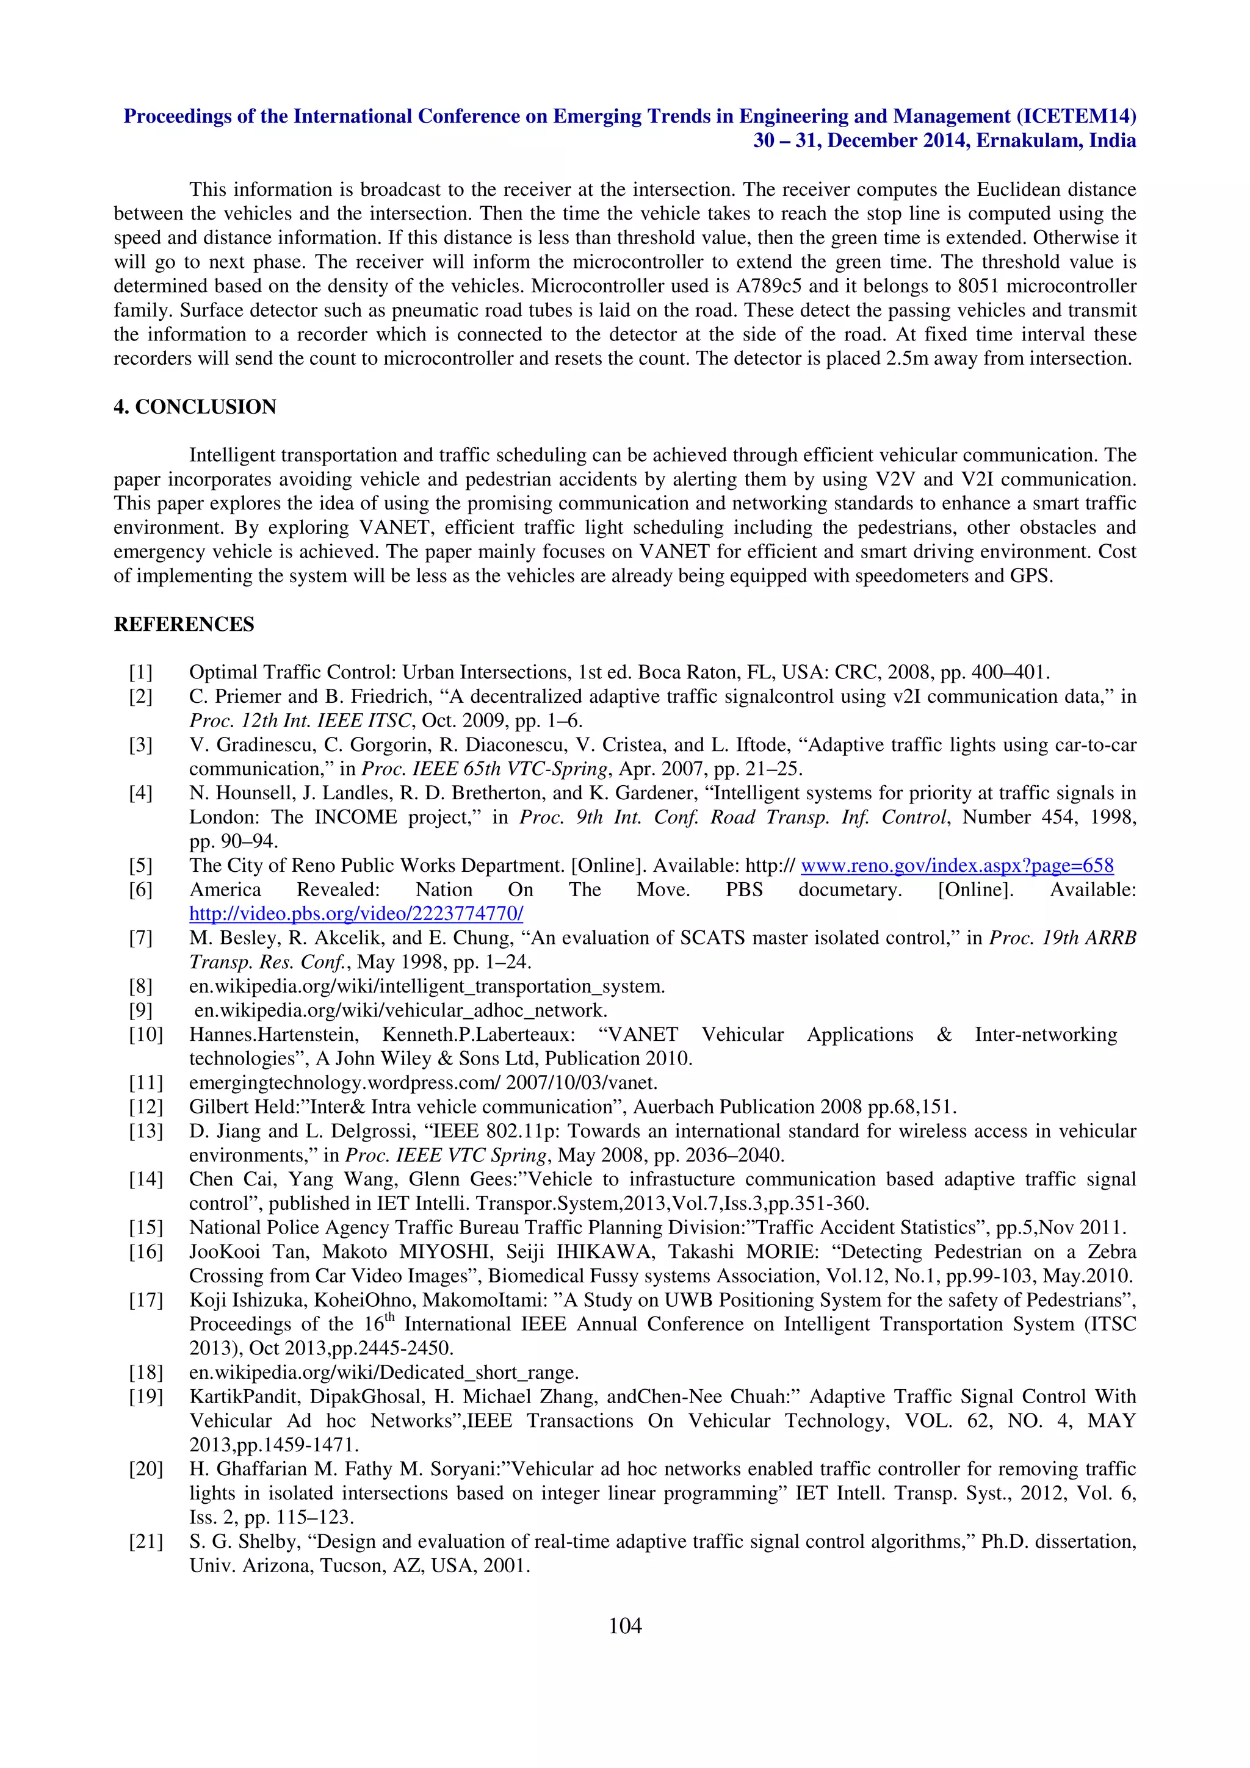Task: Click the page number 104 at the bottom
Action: tap(624, 1625)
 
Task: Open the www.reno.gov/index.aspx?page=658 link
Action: tap(956, 866)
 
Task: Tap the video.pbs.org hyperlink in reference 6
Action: tap(356, 914)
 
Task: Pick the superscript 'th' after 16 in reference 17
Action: tap(390, 1318)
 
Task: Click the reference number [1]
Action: tap(141, 672)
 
